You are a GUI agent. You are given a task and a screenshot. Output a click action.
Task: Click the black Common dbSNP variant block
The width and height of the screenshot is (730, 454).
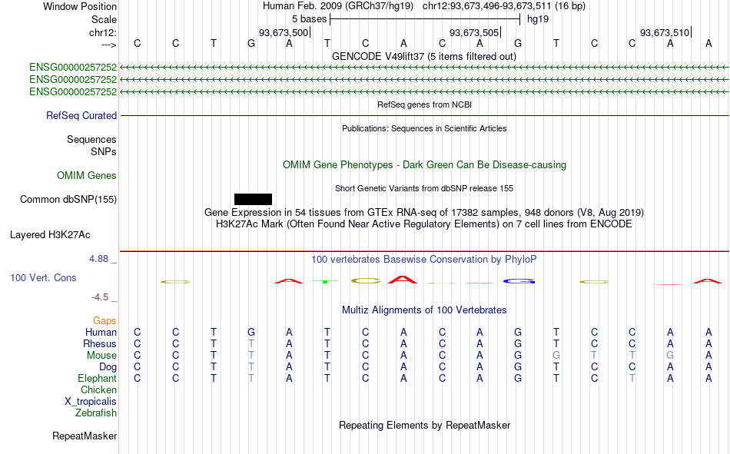point(253,199)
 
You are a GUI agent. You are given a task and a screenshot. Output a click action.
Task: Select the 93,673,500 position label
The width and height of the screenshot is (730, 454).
point(284,32)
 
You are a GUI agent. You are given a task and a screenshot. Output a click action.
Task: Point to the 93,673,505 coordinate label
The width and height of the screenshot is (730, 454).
point(474,32)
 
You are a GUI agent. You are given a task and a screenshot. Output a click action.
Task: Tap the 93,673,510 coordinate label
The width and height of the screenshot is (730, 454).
point(665,32)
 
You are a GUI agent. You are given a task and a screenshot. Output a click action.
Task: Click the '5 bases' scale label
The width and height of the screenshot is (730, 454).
point(309,19)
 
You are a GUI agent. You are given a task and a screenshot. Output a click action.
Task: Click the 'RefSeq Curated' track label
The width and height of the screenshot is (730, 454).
point(81,115)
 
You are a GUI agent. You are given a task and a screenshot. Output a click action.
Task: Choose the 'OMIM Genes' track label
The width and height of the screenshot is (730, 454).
point(87,176)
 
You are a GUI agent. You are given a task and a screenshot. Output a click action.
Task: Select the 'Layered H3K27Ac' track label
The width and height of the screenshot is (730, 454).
point(50,235)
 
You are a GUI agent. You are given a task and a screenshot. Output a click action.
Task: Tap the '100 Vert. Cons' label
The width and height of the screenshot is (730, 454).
point(43,277)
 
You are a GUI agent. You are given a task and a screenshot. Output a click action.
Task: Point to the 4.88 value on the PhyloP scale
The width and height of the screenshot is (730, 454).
point(98,259)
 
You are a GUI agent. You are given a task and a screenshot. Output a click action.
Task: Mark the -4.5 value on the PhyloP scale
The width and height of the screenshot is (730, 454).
point(100,297)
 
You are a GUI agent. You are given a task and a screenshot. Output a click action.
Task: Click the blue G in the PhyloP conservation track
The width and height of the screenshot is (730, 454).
point(519,281)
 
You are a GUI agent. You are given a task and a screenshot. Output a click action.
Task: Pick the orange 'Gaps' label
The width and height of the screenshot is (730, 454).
point(105,320)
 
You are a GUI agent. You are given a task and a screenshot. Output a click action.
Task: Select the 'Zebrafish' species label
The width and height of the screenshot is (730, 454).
point(96,413)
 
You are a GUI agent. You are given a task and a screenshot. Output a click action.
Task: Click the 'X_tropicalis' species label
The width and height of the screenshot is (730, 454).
point(91,402)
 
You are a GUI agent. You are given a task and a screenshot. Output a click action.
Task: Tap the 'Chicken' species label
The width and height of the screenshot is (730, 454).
point(98,389)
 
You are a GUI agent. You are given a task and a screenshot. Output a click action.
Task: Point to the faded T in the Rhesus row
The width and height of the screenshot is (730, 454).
point(251,343)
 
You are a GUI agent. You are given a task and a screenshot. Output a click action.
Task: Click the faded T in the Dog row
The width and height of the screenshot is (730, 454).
point(251,367)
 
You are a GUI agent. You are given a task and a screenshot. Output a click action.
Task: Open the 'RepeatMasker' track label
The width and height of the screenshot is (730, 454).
point(85,436)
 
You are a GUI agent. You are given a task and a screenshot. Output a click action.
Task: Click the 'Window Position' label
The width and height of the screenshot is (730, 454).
point(80,6)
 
